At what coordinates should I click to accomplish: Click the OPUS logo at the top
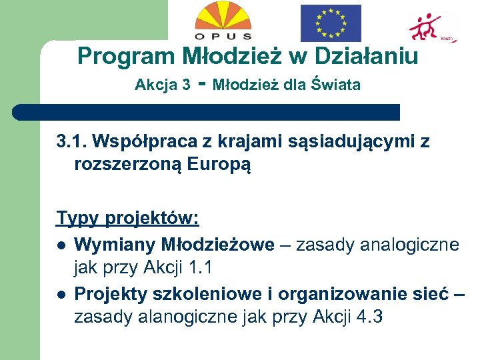[x=223, y=21]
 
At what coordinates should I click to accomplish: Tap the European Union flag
[x=331, y=23]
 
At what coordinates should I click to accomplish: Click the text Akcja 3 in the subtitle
[x=162, y=85]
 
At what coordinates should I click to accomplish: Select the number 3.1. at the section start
[x=71, y=141]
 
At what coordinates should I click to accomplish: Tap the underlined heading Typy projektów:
[x=128, y=219]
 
